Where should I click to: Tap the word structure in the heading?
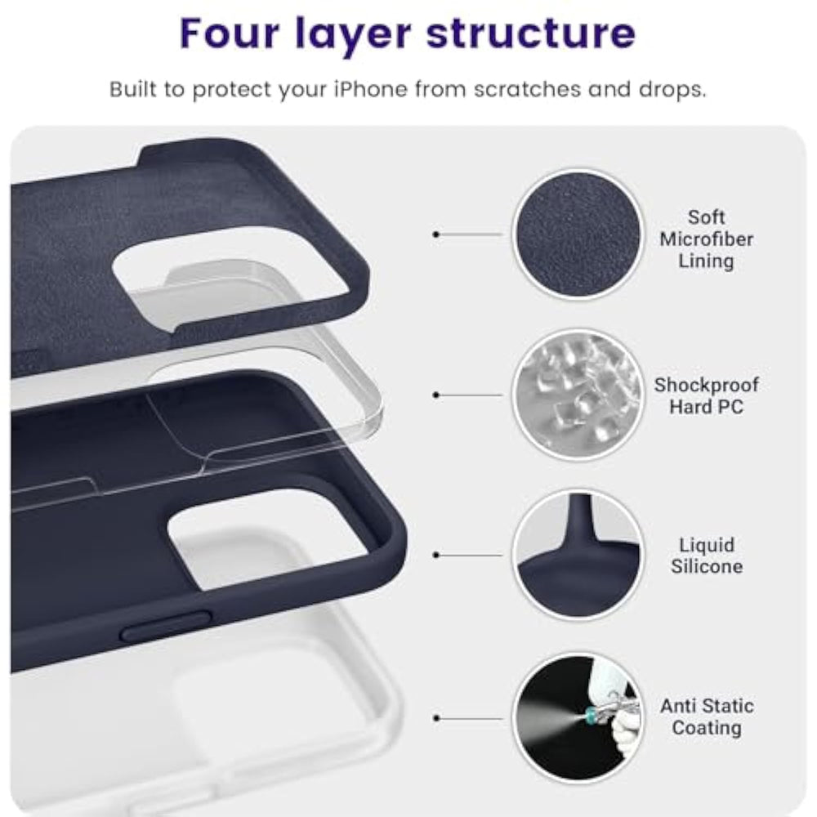click(x=530, y=34)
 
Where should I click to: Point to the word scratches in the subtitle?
click(x=527, y=89)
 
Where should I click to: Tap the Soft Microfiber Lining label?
click(x=706, y=239)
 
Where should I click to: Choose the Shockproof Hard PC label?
click(x=706, y=395)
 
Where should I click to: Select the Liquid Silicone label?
click(x=707, y=556)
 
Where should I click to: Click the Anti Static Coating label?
click(x=707, y=717)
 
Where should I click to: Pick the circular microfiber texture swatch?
click(x=578, y=234)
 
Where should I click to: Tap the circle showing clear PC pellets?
click(x=578, y=395)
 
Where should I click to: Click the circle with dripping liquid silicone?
click(x=578, y=555)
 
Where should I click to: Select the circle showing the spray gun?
click(x=578, y=718)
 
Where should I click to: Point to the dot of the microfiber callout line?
click(x=436, y=234)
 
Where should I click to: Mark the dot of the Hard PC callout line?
click(x=436, y=395)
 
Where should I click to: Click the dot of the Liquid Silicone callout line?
click(x=436, y=555)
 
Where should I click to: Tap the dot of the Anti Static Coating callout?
click(x=436, y=718)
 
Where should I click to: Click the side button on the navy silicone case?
click(x=166, y=626)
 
